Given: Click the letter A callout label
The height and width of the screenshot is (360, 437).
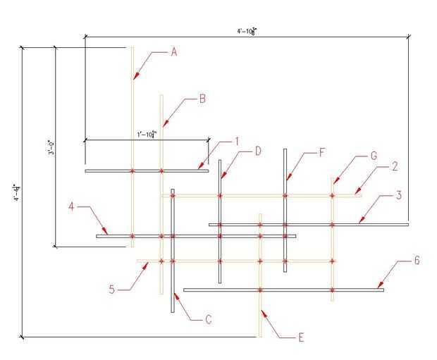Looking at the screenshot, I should pyautogui.click(x=174, y=51).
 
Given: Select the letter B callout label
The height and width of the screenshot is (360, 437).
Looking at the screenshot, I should pyautogui.click(x=202, y=99).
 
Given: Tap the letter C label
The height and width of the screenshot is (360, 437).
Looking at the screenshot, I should pyautogui.click(x=208, y=320).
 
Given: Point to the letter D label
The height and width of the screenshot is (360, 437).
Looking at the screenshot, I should pyautogui.click(x=258, y=151).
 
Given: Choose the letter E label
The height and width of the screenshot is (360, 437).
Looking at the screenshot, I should pyautogui.click(x=301, y=337).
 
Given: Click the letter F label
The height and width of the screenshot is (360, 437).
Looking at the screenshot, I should pyautogui.click(x=322, y=152).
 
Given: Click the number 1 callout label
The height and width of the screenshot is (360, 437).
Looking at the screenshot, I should pyautogui.click(x=238, y=141).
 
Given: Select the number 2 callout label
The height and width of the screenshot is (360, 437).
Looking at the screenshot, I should pyautogui.click(x=395, y=167).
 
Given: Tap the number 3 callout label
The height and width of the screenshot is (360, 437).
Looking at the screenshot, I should pyautogui.click(x=398, y=195).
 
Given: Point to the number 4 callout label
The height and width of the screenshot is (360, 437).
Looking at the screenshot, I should pyautogui.click(x=72, y=206).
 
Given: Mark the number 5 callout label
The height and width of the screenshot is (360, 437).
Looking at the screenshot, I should pyautogui.click(x=112, y=287).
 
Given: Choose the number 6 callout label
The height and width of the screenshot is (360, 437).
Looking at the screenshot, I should pyautogui.click(x=417, y=261).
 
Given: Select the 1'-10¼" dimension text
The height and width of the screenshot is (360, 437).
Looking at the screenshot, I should pyautogui.click(x=146, y=134).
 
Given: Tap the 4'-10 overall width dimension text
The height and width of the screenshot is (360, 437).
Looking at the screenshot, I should pyautogui.click(x=247, y=31).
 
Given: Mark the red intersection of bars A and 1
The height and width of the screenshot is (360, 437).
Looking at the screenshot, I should pyautogui.click(x=133, y=170).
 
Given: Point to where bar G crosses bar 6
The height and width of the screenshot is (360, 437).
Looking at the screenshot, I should pyautogui.click(x=332, y=290).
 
